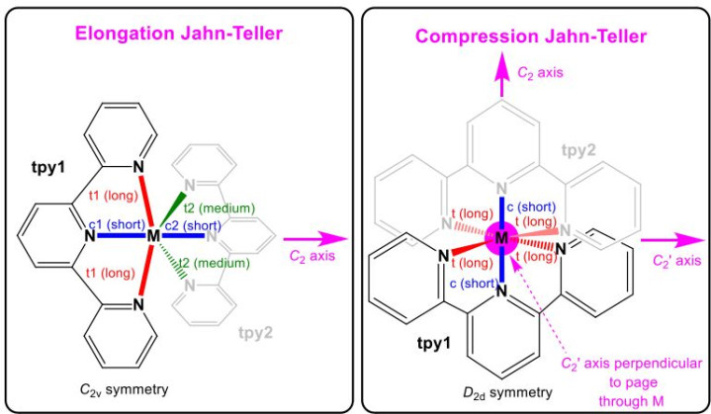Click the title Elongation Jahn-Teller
(179, 34)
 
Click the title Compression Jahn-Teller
(531, 37)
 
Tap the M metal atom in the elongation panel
(153, 235)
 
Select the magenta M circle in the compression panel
(501, 237)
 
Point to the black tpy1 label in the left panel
(48, 168)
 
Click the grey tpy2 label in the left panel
(256, 333)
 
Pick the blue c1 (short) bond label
(117, 224)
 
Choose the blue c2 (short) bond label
(193, 225)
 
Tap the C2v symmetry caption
(124, 389)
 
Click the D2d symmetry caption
(507, 392)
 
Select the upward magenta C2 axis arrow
(501, 74)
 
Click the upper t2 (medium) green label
(220, 208)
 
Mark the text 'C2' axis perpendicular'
(631, 365)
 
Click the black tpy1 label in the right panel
(434, 344)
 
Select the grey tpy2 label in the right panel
(578, 150)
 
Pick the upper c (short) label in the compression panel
(531, 207)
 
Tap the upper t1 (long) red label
(113, 196)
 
